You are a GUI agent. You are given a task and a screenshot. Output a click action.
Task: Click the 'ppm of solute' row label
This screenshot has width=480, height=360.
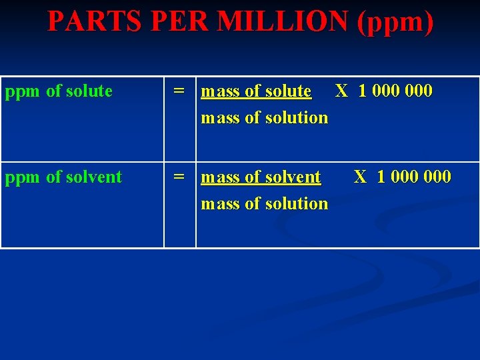coord(59,91)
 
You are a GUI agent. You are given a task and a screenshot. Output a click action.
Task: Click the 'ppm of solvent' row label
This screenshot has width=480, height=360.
coord(63,177)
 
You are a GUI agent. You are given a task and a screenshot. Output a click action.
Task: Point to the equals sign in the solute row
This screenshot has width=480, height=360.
coord(179,91)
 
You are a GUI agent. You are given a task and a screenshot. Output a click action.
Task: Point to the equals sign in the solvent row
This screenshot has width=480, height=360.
coord(179,177)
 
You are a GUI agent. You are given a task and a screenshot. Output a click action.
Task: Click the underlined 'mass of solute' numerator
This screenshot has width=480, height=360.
coord(256,91)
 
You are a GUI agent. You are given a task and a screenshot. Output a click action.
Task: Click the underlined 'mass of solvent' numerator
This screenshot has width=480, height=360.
coord(261,177)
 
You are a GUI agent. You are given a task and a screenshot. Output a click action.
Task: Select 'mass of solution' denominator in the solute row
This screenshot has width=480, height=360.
coord(265,118)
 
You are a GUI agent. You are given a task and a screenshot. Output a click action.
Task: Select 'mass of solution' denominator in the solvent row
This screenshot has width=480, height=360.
coord(265,204)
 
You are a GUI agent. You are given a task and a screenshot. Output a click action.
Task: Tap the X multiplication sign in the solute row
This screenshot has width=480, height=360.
coord(341,91)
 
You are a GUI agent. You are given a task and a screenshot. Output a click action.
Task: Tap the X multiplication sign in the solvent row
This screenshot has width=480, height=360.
coord(360,177)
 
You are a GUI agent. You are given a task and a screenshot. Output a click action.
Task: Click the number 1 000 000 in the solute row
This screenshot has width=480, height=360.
coord(395,91)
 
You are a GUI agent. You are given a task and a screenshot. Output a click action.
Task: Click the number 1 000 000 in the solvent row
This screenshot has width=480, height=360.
coord(414,177)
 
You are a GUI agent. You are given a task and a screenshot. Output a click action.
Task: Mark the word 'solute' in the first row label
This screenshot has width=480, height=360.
coord(90,91)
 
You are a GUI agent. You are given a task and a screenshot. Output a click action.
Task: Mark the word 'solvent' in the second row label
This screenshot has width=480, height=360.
coord(95,177)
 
